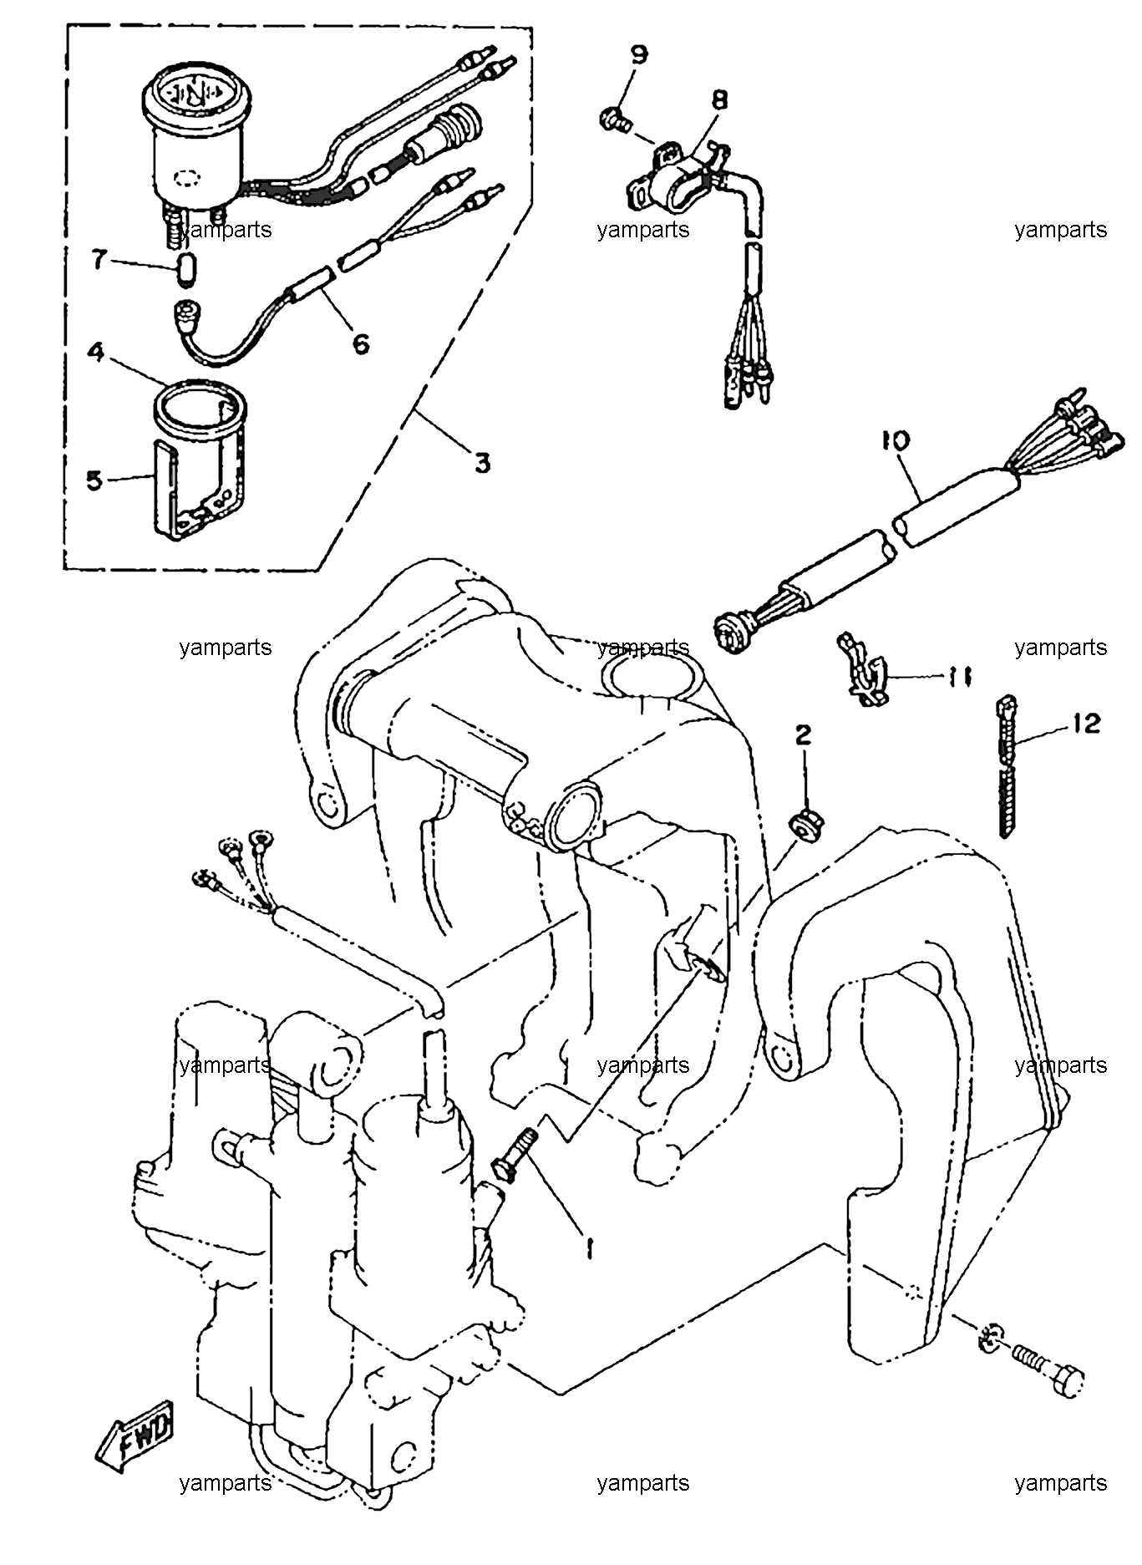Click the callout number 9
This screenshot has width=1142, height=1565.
(638, 56)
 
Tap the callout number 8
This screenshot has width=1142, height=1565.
(718, 100)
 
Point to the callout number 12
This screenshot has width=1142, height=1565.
(1087, 723)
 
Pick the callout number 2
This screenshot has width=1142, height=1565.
(803, 735)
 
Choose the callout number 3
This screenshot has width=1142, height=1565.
(483, 462)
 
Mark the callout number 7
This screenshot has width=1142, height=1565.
(99, 261)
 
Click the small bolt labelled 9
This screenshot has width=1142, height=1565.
(614, 119)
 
